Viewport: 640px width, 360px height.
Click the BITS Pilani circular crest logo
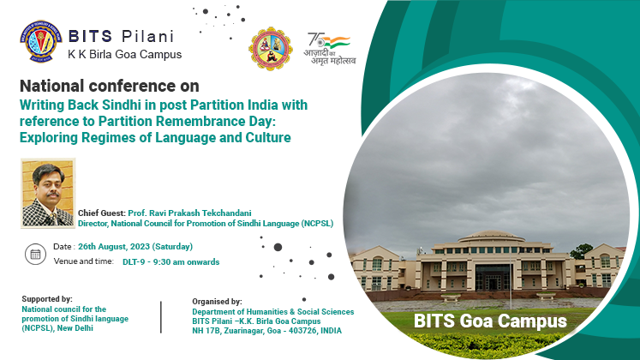pyautogui.click(x=41, y=42)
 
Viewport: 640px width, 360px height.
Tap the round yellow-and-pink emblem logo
pyautogui.click(x=270, y=49)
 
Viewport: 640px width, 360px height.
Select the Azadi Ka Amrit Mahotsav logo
pyautogui.click(x=330, y=49)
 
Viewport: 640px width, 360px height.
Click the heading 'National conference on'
pyautogui.click(x=110, y=86)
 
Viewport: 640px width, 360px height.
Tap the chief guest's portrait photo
pyautogui.click(x=48, y=193)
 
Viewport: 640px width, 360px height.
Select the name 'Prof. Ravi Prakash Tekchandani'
pyautogui.click(x=190, y=213)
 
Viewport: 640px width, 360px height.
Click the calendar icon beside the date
pyautogui.click(x=35, y=254)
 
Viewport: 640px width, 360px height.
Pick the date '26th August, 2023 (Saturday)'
pyautogui.click(x=135, y=247)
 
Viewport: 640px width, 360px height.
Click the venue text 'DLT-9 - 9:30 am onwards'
pyautogui.click(x=171, y=262)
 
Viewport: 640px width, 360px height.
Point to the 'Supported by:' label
pyautogui.click(x=47, y=299)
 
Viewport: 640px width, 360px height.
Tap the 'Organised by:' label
pyautogui.click(x=217, y=302)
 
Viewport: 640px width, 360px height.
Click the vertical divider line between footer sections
pyautogui.click(x=161, y=317)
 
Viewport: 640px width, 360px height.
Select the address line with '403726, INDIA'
pyautogui.click(x=267, y=331)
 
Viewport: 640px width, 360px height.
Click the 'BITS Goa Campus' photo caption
pyautogui.click(x=490, y=321)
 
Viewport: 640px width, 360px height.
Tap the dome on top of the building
pyautogui.click(x=492, y=236)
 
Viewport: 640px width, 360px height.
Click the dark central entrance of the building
pyautogui.click(x=493, y=278)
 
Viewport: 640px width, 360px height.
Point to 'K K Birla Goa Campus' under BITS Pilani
pyautogui.click(x=125, y=54)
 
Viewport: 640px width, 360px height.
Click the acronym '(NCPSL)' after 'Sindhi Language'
pyautogui.click(x=317, y=224)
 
